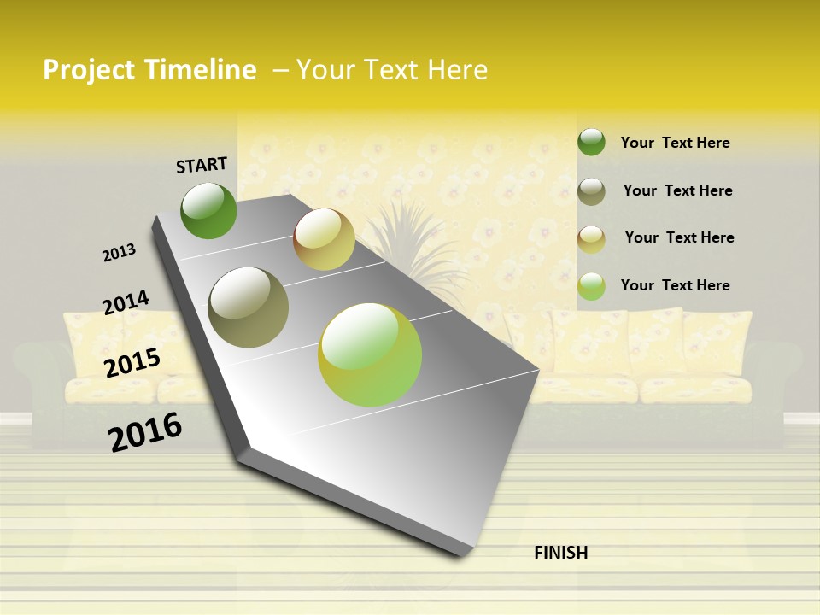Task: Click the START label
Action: coord(202,164)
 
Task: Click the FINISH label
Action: coord(561,553)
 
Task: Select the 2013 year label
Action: coord(119,252)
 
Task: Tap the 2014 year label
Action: coord(126,302)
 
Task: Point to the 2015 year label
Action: coord(132,363)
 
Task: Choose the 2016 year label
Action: coord(145,431)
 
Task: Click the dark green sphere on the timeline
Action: coord(208,210)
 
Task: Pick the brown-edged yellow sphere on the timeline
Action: coord(324,239)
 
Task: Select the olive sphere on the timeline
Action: coord(249,307)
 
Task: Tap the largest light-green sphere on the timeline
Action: coord(370,354)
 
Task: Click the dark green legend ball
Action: coord(591,142)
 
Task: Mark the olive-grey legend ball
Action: coord(591,191)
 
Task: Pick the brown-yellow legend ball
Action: coord(591,238)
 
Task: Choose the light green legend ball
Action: coord(591,286)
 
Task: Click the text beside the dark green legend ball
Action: coord(675,143)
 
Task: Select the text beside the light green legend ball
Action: coord(675,285)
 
